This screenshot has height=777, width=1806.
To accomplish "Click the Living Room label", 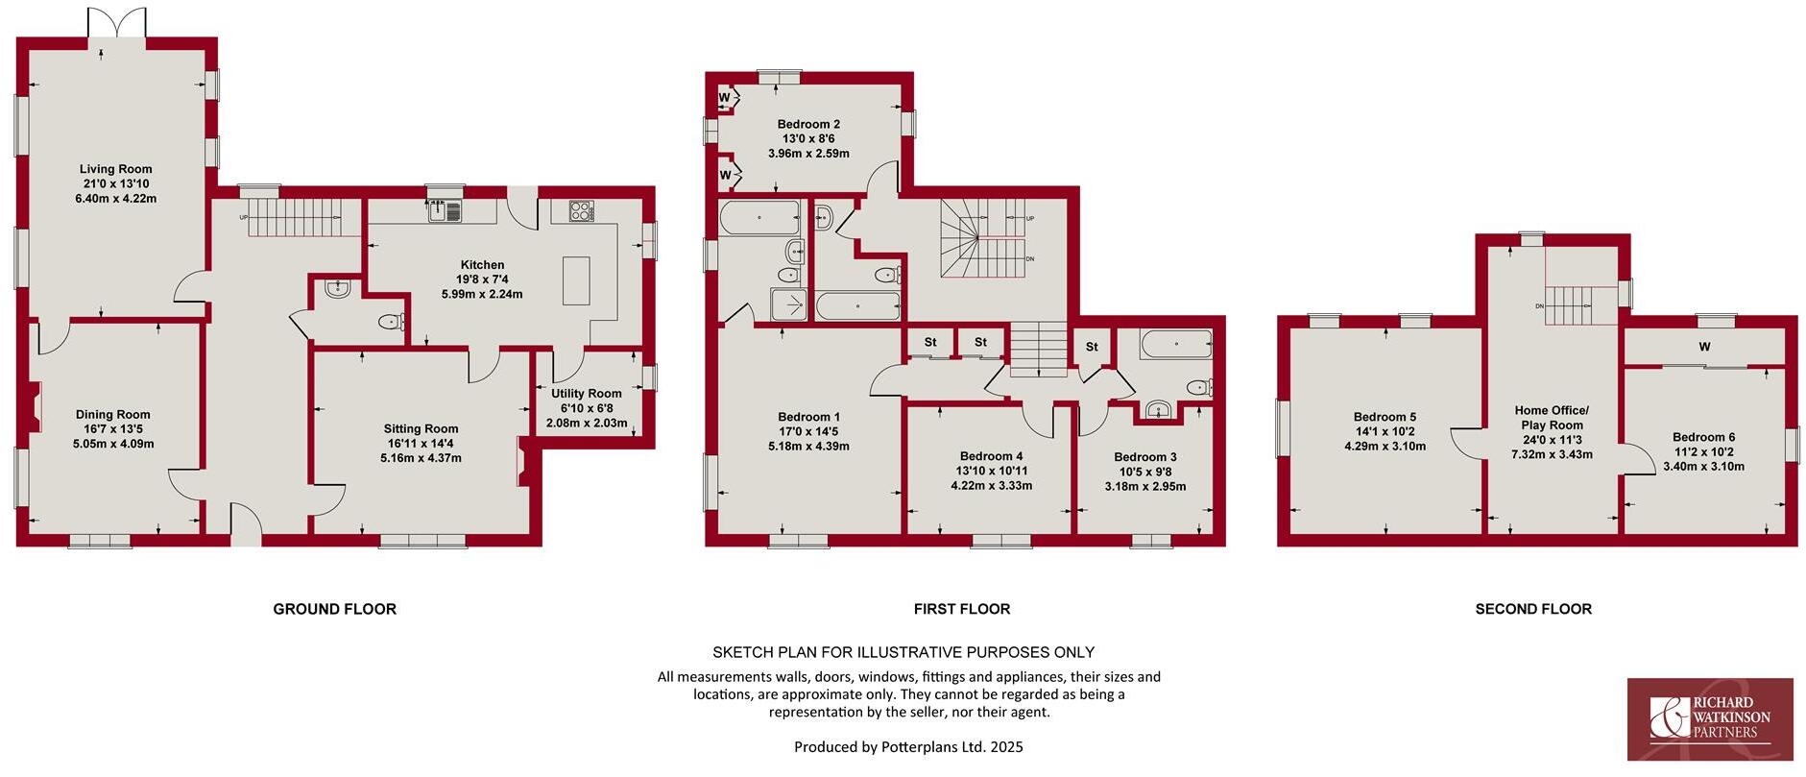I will [115, 169].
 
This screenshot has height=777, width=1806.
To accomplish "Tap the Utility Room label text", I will [586, 394].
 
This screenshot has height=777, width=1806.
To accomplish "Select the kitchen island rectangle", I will [576, 280].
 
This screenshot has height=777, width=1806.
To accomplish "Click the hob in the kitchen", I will [582, 210].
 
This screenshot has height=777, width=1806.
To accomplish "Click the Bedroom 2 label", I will [808, 124].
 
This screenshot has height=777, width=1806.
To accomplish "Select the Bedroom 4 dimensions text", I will [991, 478].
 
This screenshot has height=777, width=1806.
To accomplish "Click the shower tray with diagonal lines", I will [791, 304].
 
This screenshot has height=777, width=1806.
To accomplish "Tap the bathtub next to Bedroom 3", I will [1176, 343].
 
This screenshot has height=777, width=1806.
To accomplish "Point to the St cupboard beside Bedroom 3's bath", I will [1092, 347].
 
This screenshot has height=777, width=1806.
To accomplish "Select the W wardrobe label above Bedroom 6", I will [1704, 347].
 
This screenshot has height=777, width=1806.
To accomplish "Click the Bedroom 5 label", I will [1385, 417].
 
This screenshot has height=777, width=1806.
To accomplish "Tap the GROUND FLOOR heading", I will [334, 609].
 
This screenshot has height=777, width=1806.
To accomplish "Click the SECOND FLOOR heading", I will [1533, 609].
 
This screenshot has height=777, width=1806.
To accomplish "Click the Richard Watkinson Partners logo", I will [1709, 718].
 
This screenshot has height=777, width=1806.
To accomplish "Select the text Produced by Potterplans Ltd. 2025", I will [908, 746].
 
